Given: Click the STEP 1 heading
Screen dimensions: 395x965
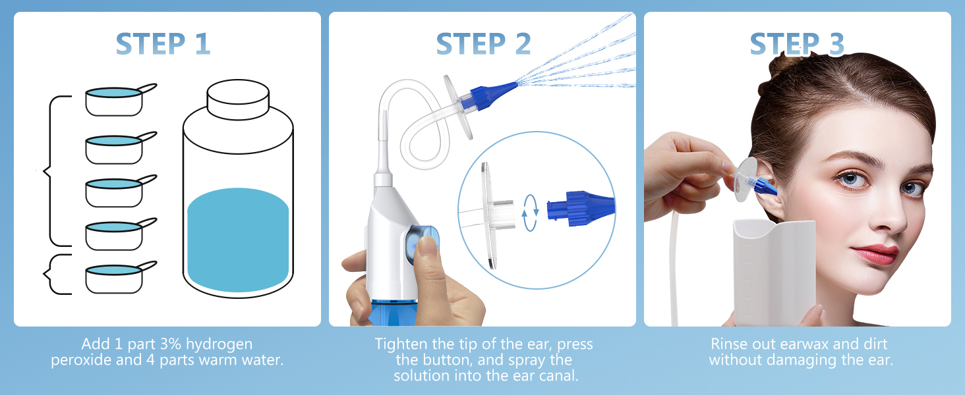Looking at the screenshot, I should click(x=163, y=44).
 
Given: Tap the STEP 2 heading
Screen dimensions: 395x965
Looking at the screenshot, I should click(x=482, y=44).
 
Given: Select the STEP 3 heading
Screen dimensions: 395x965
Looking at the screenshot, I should click(x=797, y=44).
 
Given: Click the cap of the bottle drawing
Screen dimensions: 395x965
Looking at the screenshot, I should click(x=238, y=99).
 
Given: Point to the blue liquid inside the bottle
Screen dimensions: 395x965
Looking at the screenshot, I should click(x=238, y=237).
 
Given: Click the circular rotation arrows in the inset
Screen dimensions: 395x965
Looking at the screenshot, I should click(x=531, y=210).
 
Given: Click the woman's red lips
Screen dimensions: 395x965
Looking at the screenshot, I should click(x=875, y=253).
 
